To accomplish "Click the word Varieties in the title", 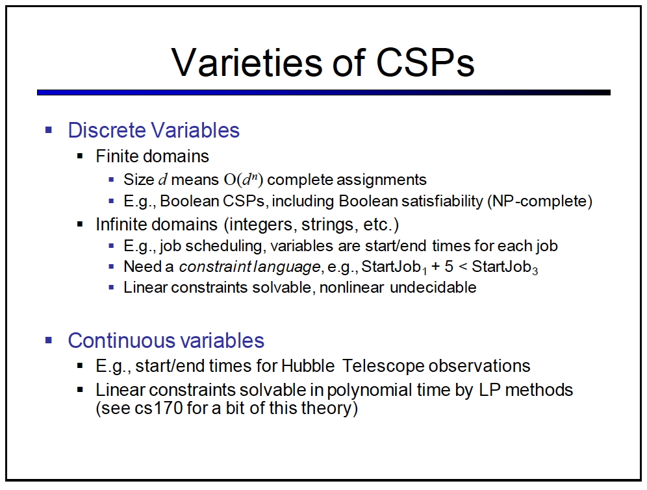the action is [x=247, y=62].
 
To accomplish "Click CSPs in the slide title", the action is [x=425, y=62].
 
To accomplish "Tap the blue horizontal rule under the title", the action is [x=323, y=93].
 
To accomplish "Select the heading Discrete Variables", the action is [x=153, y=130].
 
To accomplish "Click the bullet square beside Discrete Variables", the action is [x=49, y=130].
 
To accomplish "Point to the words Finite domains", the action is [x=152, y=156].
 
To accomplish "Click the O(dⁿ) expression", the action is [x=244, y=180].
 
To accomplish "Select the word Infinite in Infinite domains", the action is [x=117, y=224].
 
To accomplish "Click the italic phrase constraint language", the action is [x=249, y=267].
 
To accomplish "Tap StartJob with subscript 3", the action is [x=505, y=267].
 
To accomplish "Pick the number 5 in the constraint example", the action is [x=449, y=267].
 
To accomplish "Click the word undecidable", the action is [x=433, y=288].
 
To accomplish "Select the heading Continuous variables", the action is [x=166, y=340].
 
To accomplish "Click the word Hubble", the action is [x=308, y=366].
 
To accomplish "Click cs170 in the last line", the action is [x=159, y=408].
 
